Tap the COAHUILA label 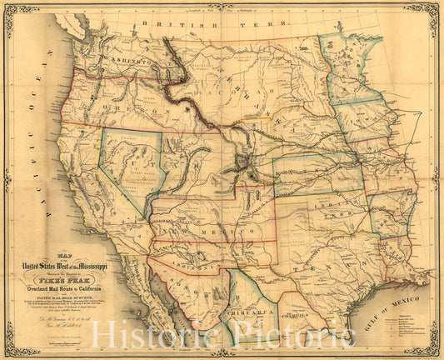click(x=297, y=317)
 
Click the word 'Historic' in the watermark click(x=144, y=334)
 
